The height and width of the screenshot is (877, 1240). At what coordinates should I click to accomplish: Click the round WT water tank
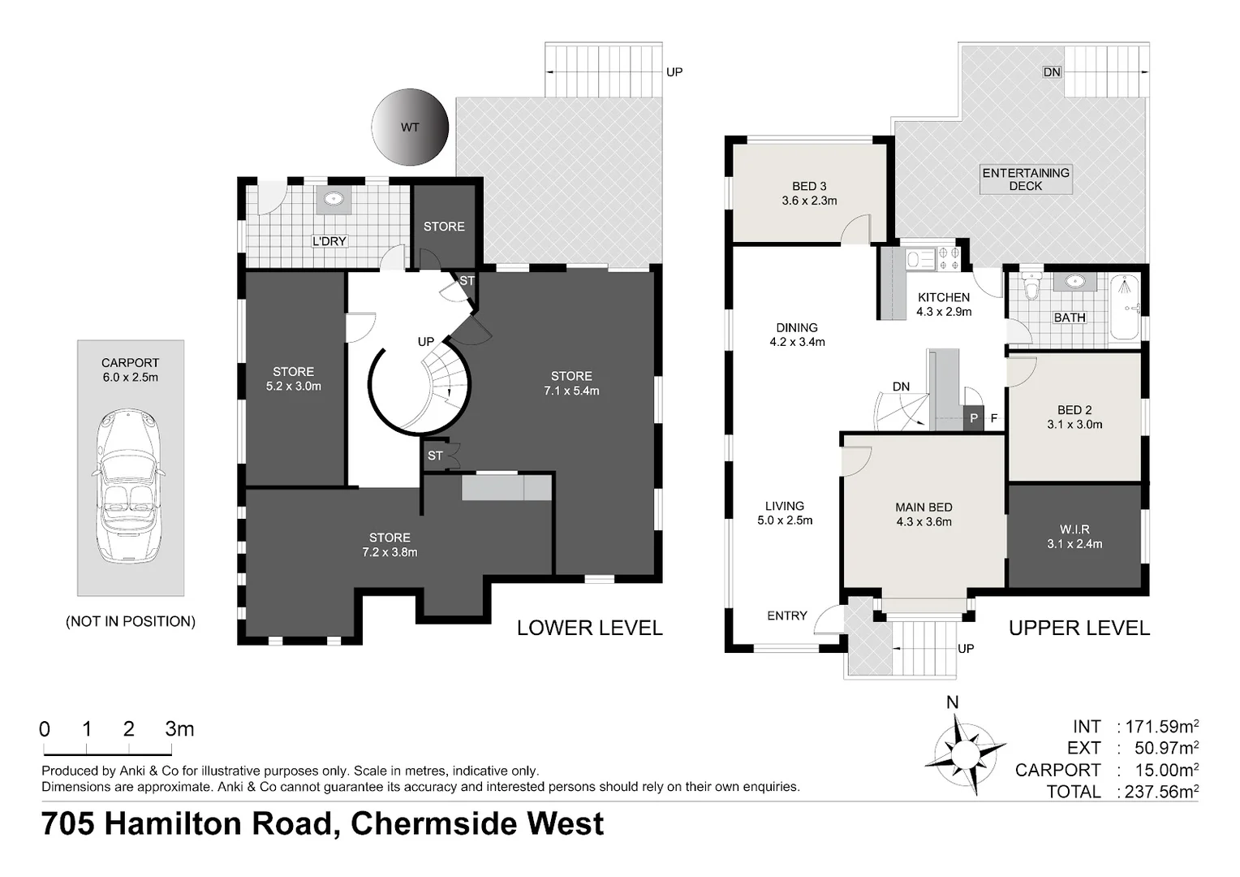pos(410,127)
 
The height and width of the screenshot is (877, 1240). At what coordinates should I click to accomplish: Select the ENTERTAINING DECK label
pos(1026,179)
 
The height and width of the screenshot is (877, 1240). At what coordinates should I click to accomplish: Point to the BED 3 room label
pos(809,193)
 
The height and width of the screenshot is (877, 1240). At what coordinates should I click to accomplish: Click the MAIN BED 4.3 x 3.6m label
pos(924,515)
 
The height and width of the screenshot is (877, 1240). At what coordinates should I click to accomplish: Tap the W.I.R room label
pos(1074,537)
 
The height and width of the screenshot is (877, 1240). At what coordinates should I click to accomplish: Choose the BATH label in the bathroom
pos(1069,318)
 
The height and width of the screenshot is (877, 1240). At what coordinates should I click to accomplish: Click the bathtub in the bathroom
pos(1124,309)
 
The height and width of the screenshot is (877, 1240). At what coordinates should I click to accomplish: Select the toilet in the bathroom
pos(1031,290)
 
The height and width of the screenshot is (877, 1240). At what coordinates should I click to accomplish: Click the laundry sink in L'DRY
pos(333,199)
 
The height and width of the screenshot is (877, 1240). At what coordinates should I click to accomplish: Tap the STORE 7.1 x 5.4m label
pos(571,383)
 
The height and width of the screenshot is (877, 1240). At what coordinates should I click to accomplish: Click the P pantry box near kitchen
pos(973,418)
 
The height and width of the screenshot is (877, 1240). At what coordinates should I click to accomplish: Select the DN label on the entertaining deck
pos(1052,72)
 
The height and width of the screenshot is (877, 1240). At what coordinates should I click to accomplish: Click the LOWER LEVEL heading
pos(589,628)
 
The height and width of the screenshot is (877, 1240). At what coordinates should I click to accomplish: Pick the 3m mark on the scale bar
pos(179,729)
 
